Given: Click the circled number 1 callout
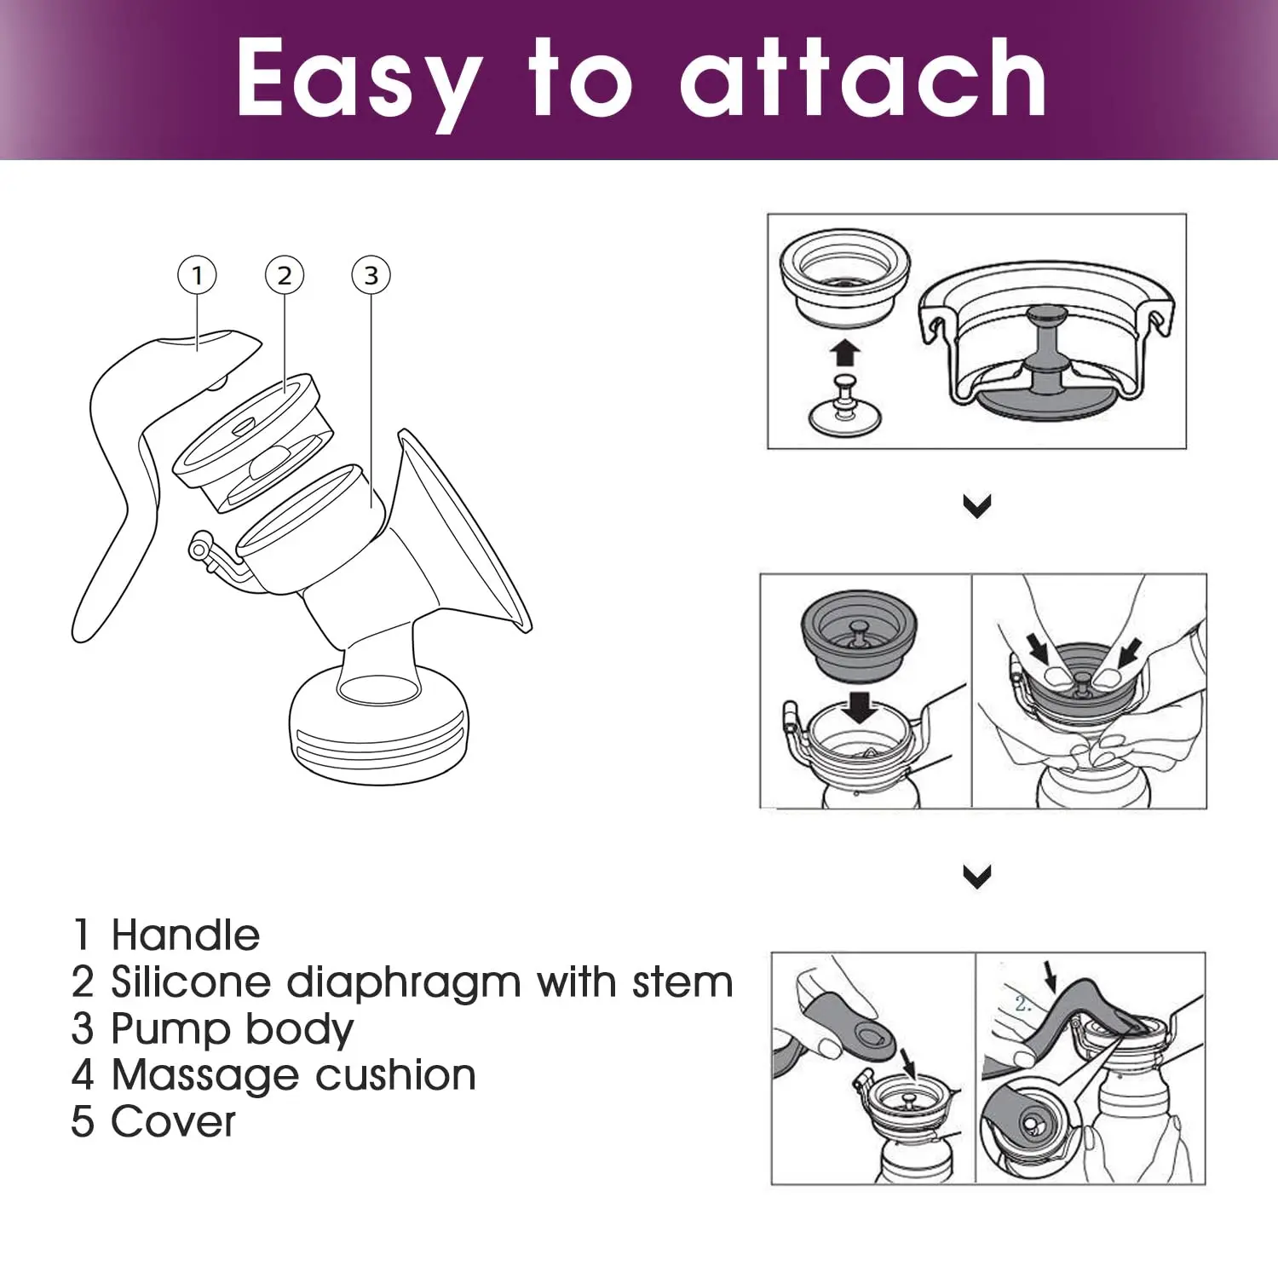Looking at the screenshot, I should pyautogui.click(x=197, y=275).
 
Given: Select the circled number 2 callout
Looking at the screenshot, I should pyautogui.click(x=285, y=275).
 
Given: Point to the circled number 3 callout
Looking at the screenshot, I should pyautogui.click(x=371, y=275).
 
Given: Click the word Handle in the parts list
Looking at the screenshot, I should pyautogui.click(x=186, y=935).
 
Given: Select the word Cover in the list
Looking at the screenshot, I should pyautogui.click(x=173, y=1121).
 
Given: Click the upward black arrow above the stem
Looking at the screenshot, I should pyautogui.click(x=845, y=352).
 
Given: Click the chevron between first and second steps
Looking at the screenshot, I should pyautogui.click(x=977, y=506).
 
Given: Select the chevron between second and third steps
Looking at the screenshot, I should pyautogui.click(x=977, y=876).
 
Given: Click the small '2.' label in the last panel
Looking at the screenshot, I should pyautogui.click(x=1023, y=1005).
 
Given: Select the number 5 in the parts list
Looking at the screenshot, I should pyautogui.click(x=83, y=1121).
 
